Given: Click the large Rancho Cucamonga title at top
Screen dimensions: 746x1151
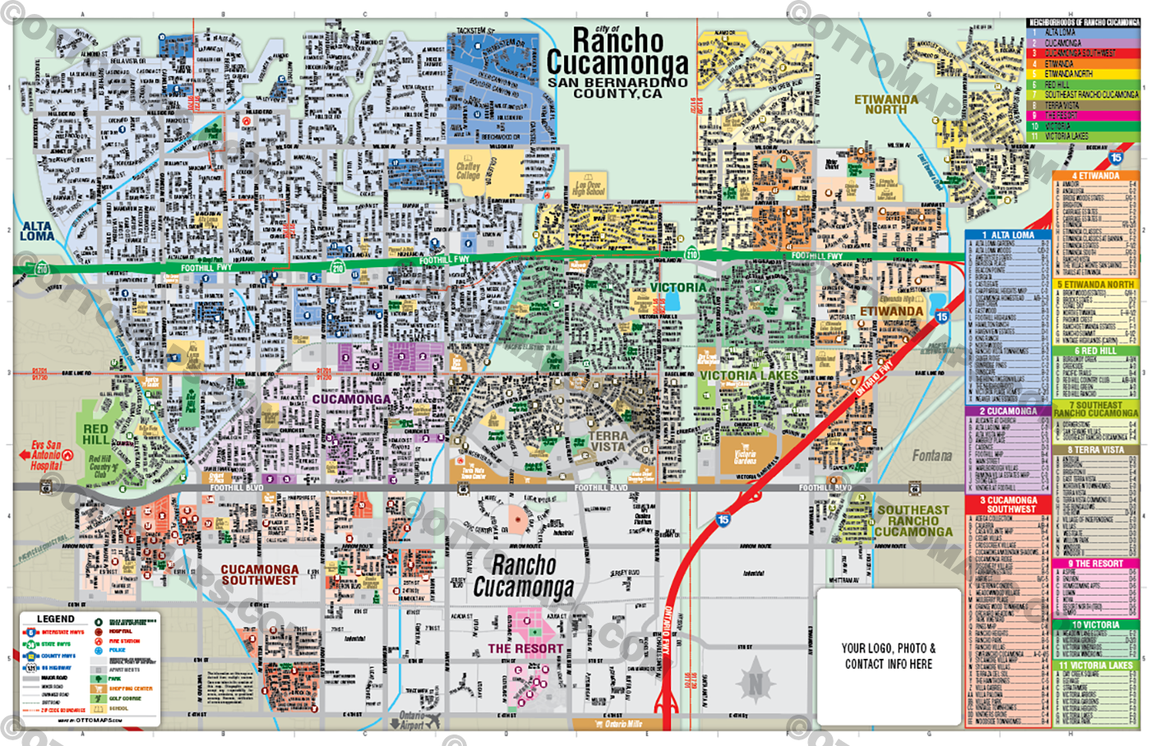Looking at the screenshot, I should [x=617, y=52].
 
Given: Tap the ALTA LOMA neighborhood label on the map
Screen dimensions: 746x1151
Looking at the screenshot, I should [x=37, y=231].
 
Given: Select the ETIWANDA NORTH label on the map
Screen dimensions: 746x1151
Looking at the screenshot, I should [x=885, y=104].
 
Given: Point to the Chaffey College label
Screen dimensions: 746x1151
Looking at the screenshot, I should [x=468, y=171].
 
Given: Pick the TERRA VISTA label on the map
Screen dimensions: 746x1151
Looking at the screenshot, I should [x=608, y=441].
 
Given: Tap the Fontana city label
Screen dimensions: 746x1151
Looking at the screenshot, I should [x=931, y=455].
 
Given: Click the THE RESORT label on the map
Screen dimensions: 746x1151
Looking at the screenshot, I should [x=525, y=648].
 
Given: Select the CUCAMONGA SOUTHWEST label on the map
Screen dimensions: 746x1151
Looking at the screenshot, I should [x=259, y=574].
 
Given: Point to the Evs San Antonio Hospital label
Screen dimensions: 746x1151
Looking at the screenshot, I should [x=46, y=455].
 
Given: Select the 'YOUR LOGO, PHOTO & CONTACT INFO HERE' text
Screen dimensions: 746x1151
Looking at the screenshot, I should [x=888, y=656].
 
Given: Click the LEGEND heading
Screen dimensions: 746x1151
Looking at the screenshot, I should [x=56, y=619].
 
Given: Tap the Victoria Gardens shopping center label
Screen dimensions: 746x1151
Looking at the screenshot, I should [x=745, y=456].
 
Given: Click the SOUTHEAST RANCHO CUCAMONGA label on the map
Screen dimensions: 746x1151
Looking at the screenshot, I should [x=913, y=521].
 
